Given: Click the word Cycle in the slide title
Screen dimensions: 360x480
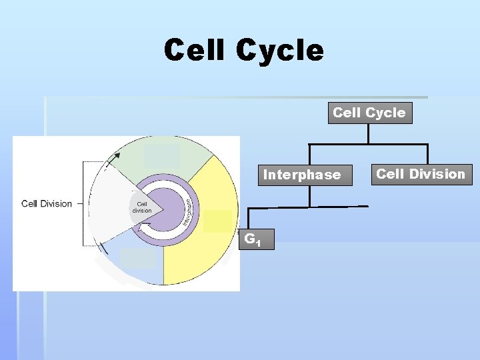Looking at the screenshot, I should coord(280,51).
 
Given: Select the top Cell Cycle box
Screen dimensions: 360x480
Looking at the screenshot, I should coord(369,113).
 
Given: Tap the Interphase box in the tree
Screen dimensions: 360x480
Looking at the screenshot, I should coord(302,175).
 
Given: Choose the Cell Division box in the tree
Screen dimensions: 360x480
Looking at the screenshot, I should coord(421,174).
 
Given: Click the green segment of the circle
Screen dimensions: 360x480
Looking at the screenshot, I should coord(193,160).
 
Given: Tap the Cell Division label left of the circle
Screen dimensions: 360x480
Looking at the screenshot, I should coord(47,203).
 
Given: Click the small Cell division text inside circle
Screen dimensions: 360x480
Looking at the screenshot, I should coord(141,207).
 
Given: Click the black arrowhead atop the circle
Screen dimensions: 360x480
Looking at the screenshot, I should coord(117,157).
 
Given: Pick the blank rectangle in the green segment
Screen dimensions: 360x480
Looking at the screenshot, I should coord(162,155).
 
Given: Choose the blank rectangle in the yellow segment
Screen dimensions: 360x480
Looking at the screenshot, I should coord(217,221).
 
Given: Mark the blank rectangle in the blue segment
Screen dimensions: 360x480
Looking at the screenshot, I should coord(138,258).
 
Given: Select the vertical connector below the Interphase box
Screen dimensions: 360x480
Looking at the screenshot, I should coord(311,196).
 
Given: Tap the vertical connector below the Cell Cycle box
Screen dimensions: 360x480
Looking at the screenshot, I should coord(368,133).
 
